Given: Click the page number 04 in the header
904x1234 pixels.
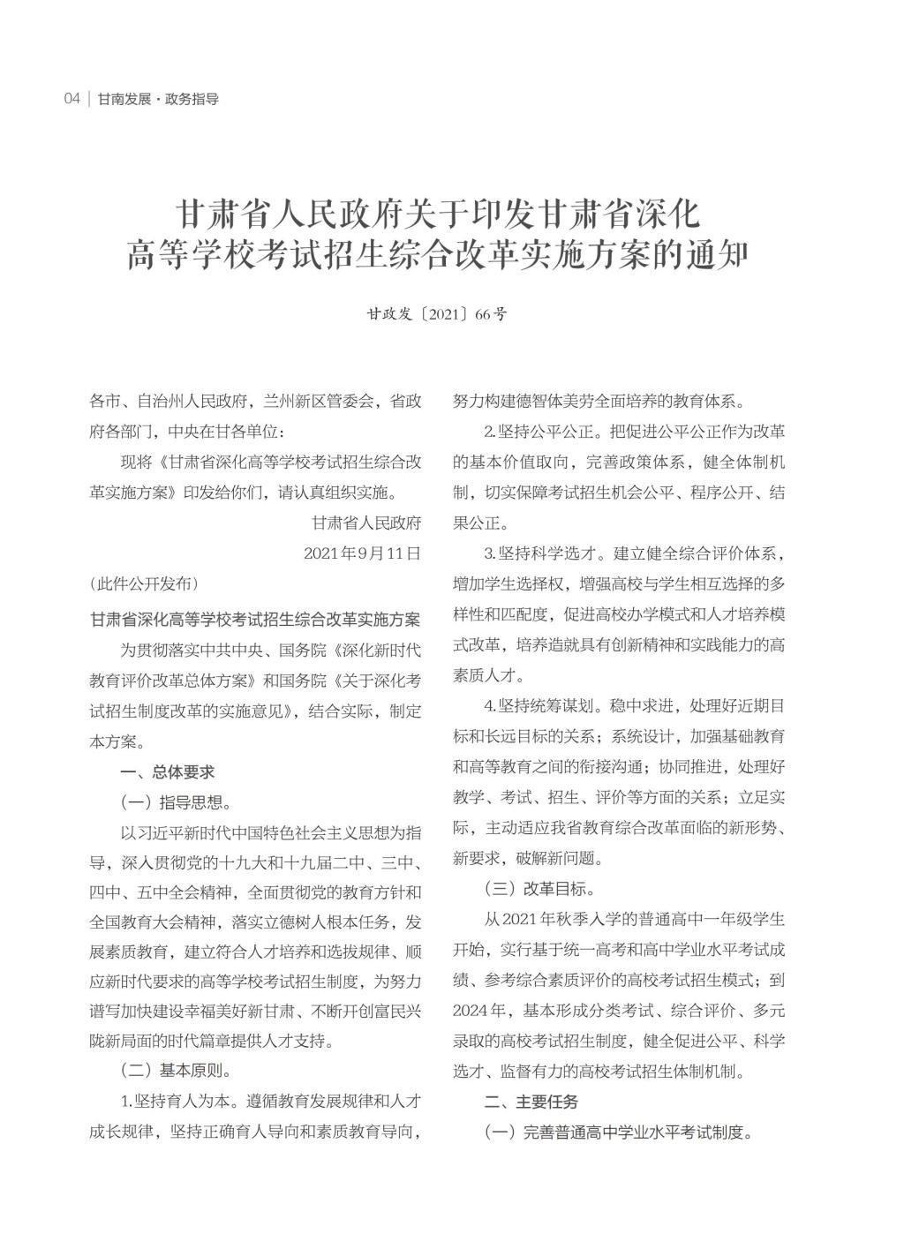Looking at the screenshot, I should point(72,99).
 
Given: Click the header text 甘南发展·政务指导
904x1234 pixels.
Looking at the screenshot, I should point(158,99).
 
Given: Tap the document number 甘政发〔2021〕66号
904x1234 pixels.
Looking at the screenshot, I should point(437,314).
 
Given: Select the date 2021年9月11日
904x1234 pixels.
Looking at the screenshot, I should point(362,553).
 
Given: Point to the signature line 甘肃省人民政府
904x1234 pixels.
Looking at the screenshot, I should point(366,523).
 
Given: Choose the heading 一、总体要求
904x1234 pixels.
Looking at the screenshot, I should point(168,771).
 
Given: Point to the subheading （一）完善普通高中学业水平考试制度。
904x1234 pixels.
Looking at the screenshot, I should point(619,1132).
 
